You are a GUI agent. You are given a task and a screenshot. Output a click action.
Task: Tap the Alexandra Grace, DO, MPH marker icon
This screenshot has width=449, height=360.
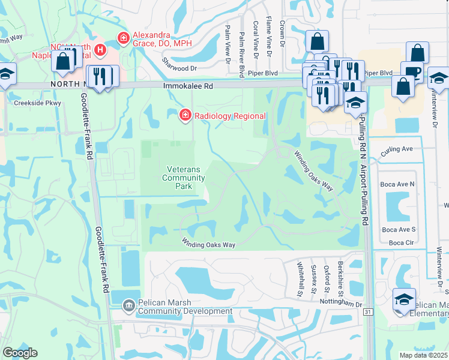click(123, 38)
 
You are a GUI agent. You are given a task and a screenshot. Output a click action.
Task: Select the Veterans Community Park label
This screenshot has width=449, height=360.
click(184, 178)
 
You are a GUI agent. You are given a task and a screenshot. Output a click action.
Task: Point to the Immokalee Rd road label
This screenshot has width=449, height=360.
click(188, 86)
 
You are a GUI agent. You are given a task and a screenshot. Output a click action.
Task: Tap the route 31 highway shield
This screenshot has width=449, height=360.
click(368, 312)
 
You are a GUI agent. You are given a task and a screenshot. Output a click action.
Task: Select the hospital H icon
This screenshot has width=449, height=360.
click(100, 49)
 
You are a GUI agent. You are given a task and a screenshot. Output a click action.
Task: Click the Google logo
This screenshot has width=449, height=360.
click(19, 353)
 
